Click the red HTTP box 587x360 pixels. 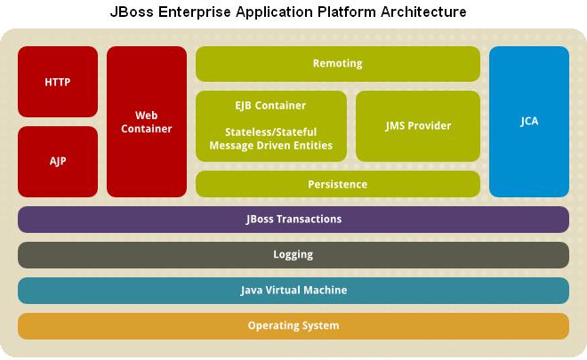pos(58,82)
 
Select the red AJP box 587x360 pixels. pos(58,161)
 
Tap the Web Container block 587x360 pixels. pos(147,122)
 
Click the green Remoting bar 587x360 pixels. pos(338,64)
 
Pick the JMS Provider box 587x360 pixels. pos(418,126)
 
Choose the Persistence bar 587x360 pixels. pos(338,184)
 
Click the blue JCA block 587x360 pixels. pos(529,122)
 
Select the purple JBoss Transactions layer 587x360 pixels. pos(293,220)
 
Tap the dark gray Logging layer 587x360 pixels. pos(293,255)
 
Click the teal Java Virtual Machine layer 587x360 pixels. pos(293,291)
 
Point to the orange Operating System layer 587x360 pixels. pos(293,326)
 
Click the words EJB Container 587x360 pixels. pos(270,106)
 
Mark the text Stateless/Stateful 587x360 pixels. pos(270,132)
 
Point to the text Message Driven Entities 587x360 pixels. pos(270,145)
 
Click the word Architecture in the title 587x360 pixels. pos(423,12)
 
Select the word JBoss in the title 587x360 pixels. pos(132,12)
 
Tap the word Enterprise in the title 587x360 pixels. pos(194,12)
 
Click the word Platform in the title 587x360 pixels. pos(347,12)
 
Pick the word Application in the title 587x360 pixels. pos(275,12)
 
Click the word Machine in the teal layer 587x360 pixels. pos(326,290)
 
